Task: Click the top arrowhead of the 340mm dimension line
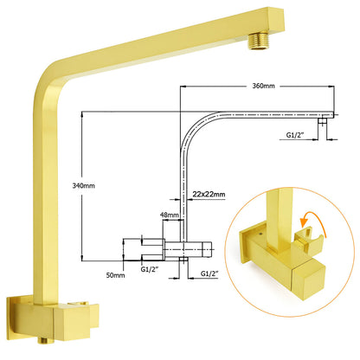click(x=81, y=115)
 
